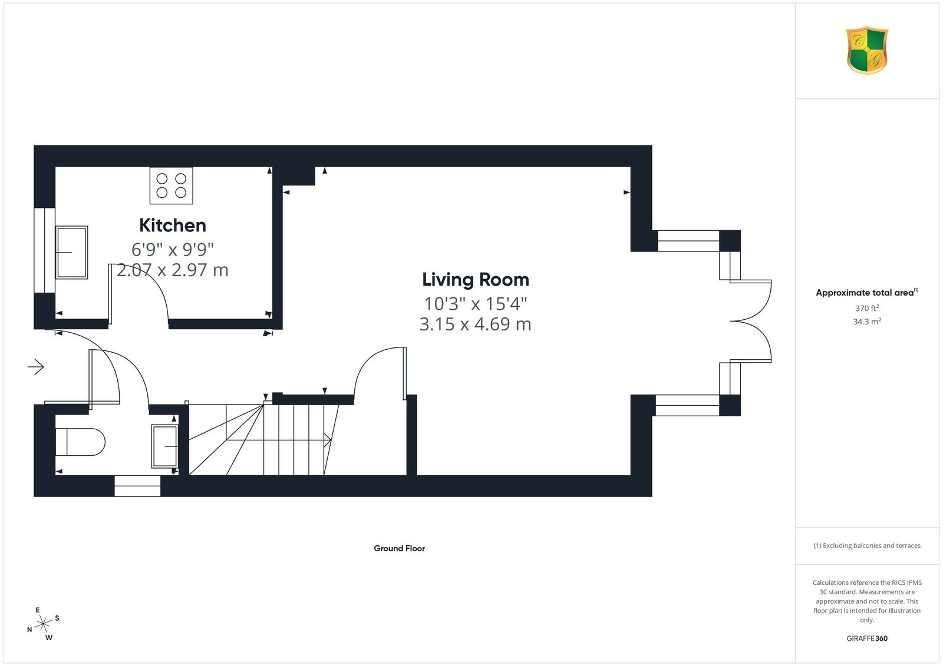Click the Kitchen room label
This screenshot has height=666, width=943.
point(173,226)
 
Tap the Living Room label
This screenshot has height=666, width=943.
point(476,280)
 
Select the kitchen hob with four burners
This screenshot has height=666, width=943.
point(172,185)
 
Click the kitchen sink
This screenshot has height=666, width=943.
point(71,253)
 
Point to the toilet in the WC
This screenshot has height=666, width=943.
point(80,442)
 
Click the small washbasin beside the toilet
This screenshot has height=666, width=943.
point(164,446)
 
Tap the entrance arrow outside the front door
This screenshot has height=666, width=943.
point(36,367)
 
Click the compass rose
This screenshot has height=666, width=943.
point(44,624)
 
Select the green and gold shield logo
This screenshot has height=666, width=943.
point(867,51)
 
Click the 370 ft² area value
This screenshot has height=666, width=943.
point(867,308)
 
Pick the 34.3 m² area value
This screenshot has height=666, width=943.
point(867,322)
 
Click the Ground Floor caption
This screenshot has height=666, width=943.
point(400,548)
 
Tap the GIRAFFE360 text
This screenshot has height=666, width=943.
point(867,638)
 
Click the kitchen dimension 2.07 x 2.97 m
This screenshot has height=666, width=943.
point(173,270)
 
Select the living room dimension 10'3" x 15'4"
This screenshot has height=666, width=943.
point(476,303)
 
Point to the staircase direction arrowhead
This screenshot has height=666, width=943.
point(328,440)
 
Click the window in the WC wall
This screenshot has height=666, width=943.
point(137,486)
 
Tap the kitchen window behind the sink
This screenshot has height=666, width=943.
point(44,250)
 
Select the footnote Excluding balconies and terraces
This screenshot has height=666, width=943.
point(867,546)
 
